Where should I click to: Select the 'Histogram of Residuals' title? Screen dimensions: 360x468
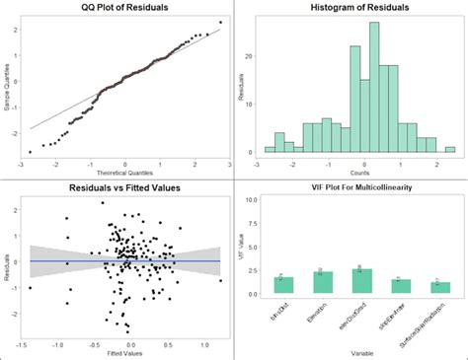pos(352,8)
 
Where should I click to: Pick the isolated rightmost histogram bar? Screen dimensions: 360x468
pos(450,150)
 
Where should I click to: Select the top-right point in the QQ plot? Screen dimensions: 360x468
pos(220,22)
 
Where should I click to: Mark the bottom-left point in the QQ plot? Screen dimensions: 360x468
pos(30,152)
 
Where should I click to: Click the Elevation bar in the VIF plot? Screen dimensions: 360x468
pos(323,283)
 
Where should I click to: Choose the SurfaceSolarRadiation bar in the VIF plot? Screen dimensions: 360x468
pos(440,288)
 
